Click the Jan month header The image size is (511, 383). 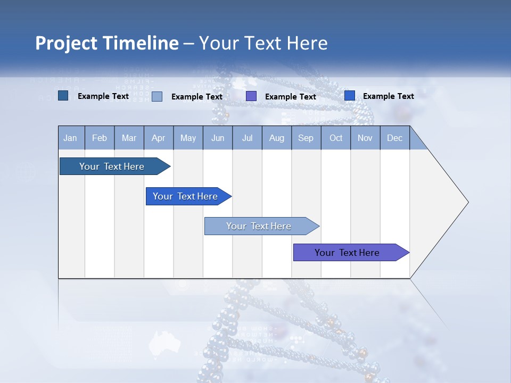click(70, 138)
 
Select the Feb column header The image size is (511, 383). click(100, 138)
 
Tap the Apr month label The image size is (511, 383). click(158, 138)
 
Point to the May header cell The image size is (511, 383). click(188, 138)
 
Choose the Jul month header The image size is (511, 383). click(247, 138)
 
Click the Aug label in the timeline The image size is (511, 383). click(276, 138)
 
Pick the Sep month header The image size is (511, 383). click(306, 138)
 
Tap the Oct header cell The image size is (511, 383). click(336, 138)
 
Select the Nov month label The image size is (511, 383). click(365, 138)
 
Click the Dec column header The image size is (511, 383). click(394, 138)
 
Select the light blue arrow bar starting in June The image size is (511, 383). click(259, 226)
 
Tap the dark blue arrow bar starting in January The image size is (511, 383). click(112, 166)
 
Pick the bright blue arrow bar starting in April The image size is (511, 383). click(186, 196)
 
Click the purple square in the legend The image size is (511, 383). click(251, 96)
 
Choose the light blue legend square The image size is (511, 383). click(157, 96)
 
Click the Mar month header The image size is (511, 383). click(129, 138)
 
